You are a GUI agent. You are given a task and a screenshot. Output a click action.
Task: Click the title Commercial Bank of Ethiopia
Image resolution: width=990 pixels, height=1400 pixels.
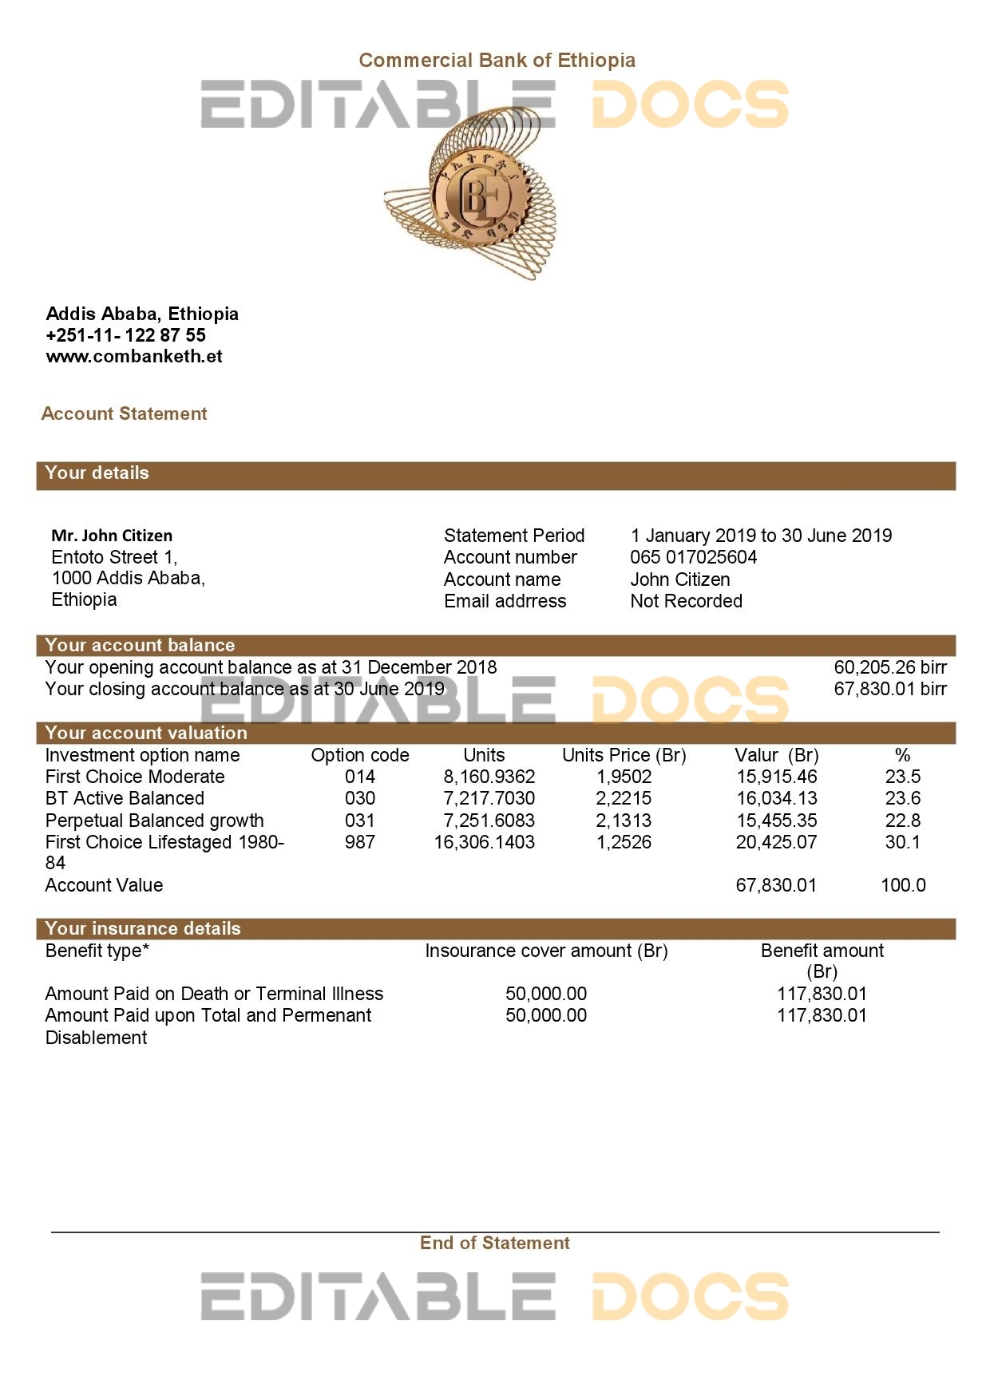(x=497, y=61)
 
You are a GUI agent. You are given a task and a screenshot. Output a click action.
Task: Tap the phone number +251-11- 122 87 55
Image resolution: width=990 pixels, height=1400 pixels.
(x=126, y=335)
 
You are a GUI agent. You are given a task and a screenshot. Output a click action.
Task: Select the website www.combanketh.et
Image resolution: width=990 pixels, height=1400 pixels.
(x=134, y=357)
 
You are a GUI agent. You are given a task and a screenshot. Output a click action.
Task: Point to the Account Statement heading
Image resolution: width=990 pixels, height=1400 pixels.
(x=124, y=413)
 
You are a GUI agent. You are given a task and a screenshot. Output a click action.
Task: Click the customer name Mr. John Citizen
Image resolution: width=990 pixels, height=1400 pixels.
(x=112, y=536)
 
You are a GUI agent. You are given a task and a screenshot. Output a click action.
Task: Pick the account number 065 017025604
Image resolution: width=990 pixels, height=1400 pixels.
(x=693, y=557)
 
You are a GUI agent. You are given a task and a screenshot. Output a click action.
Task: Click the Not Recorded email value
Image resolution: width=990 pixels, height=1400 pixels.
(x=686, y=601)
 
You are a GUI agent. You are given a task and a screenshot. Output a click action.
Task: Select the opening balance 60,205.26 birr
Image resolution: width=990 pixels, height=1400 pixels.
(x=890, y=667)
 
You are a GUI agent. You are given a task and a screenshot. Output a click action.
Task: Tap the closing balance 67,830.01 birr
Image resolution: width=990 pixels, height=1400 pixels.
(x=890, y=689)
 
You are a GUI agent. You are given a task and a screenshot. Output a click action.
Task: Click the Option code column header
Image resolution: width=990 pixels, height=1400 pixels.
(x=360, y=755)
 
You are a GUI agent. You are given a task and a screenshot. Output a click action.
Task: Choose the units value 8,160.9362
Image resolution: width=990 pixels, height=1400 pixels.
(x=489, y=777)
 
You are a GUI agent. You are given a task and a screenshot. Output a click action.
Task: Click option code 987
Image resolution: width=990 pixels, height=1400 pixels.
(x=360, y=842)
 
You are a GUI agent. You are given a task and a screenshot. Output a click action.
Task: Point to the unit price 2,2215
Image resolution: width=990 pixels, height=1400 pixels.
(x=624, y=798)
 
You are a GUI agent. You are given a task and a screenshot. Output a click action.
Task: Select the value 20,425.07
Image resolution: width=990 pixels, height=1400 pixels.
(x=776, y=842)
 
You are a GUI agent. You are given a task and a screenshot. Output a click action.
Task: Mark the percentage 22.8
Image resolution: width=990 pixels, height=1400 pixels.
(x=903, y=821)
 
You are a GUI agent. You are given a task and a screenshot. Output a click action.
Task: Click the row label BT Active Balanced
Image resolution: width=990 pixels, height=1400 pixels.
(x=125, y=798)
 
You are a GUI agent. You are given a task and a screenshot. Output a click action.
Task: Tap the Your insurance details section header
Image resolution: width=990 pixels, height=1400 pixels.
(x=143, y=928)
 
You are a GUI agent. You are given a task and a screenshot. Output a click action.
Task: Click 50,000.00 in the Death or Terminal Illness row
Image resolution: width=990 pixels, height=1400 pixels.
(x=546, y=994)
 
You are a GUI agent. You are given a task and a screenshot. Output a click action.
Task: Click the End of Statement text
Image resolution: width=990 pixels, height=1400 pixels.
(x=495, y=1243)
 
